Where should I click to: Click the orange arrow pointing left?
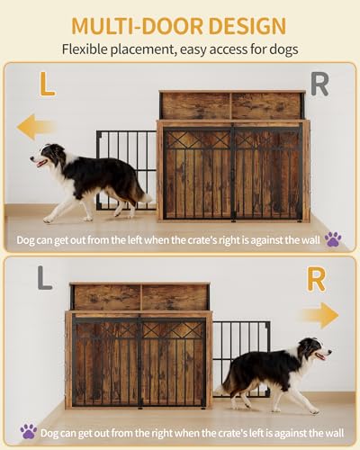(36, 126)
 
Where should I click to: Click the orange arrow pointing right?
(319, 315)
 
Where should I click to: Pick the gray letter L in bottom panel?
(45, 278)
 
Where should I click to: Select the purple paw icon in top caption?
(333, 239)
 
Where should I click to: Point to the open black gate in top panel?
(126, 166)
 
